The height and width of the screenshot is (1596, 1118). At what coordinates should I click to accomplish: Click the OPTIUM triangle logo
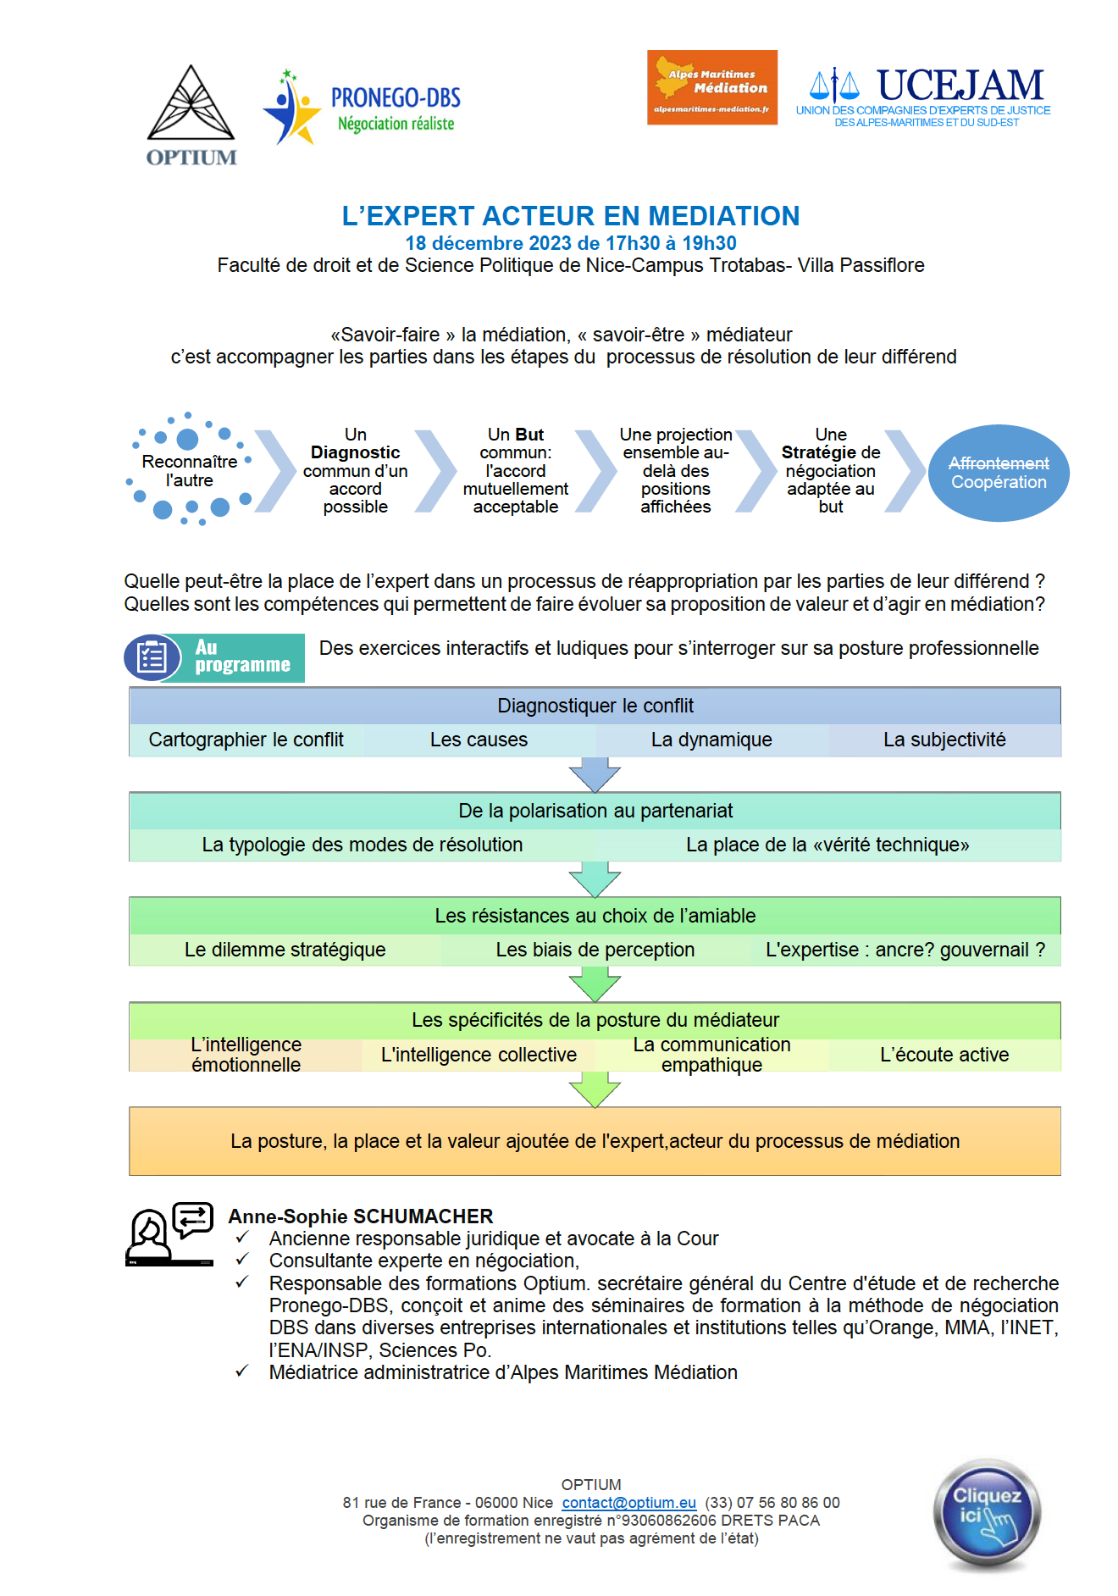click(191, 103)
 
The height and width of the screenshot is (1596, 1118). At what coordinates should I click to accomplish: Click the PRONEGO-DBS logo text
click(396, 98)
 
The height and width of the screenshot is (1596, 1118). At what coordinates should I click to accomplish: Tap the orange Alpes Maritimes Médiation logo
click(712, 87)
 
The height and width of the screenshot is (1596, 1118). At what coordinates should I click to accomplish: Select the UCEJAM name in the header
click(960, 86)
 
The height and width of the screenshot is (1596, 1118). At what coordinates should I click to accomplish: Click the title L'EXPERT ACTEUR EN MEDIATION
click(571, 216)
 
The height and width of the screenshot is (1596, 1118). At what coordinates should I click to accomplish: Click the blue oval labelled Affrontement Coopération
click(999, 473)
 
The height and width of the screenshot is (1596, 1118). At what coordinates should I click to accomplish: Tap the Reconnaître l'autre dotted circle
click(189, 470)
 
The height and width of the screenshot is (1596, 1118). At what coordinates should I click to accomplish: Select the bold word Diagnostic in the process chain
click(355, 452)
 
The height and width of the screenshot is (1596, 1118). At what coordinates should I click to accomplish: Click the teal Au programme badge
click(215, 657)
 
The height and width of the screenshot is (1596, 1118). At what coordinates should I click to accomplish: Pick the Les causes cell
click(479, 740)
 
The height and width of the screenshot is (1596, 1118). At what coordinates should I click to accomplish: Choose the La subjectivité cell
click(944, 740)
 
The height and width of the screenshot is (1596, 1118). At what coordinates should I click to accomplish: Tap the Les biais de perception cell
click(595, 950)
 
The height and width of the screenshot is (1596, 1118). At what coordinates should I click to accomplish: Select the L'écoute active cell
click(944, 1055)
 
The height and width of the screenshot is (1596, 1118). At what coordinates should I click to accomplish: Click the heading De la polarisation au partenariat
click(595, 811)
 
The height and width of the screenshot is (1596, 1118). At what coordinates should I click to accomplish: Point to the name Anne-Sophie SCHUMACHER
click(361, 1216)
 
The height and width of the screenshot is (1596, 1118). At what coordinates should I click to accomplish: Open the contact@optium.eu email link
click(629, 1503)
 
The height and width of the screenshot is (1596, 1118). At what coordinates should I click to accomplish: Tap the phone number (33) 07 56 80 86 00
click(772, 1503)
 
